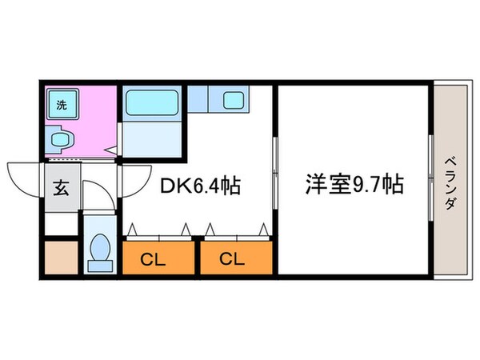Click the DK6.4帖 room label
[x=200, y=186]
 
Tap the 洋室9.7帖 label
[x=354, y=184]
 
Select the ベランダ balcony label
[x=450, y=183]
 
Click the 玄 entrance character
[x=62, y=187]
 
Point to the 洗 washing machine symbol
[x=62, y=104]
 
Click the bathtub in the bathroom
[x=152, y=102]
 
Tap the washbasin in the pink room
[x=60, y=140]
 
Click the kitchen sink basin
[x=234, y=101]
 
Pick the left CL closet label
[x=153, y=260]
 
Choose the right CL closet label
[x=232, y=259]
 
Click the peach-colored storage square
[x=62, y=258]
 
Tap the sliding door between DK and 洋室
[x=275, y=173]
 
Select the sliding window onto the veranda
[x=430, y=178]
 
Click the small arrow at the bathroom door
[x=111, y=150]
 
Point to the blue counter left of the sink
[x=198, y=98]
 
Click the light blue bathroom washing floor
[x=152, y=138]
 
